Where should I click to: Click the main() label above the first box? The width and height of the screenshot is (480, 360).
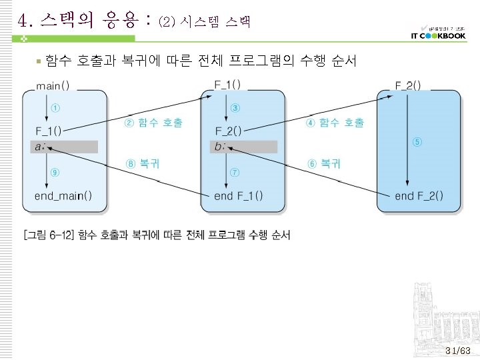57,86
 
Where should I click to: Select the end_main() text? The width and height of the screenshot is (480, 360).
63,196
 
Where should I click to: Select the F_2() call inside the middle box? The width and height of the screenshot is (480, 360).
228,131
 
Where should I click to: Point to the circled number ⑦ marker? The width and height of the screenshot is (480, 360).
235,172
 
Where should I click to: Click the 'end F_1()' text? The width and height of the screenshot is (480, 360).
239,196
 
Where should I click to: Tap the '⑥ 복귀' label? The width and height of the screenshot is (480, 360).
324,163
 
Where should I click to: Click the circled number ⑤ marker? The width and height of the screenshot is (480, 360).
417,141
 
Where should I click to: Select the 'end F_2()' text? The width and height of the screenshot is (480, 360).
419,196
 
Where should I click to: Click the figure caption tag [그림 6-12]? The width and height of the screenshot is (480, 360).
49,235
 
